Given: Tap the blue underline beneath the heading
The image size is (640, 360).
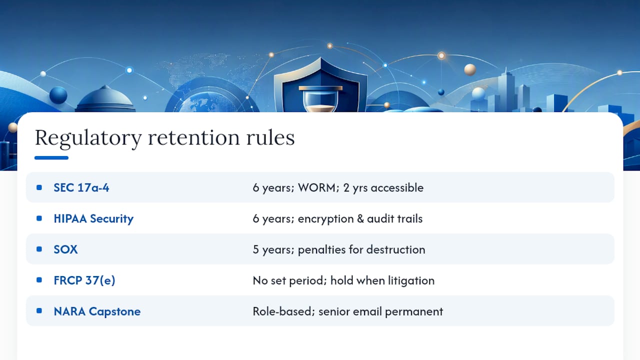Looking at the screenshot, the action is [x=51, y=157].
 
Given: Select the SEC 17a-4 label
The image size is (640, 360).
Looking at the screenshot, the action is [x=81, y=187].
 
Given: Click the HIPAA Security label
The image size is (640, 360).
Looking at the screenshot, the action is [x=93, y=219].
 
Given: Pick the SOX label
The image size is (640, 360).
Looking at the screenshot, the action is [x=65, y=249].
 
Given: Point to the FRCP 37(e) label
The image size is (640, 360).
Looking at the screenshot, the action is [x=84, y=280].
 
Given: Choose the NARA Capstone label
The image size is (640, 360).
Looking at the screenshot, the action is [x=97, y=311].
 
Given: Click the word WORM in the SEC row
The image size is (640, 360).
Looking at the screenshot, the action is [x=316, y=187].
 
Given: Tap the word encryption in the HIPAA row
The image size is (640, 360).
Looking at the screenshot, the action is [x=325, y=219].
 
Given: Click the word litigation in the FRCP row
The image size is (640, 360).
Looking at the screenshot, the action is [x=411, y=280].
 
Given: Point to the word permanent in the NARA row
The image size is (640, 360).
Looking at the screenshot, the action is [x=414, y=311].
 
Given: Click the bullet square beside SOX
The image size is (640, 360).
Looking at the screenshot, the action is [x=39, y=249].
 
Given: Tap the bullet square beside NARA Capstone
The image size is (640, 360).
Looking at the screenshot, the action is [x=39, y=311].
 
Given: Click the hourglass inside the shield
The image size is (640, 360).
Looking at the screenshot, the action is [x=320, y=99].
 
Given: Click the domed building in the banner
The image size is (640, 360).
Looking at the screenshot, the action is [x=105, y=99].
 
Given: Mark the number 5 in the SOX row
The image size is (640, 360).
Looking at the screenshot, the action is [x=255, y=249].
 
